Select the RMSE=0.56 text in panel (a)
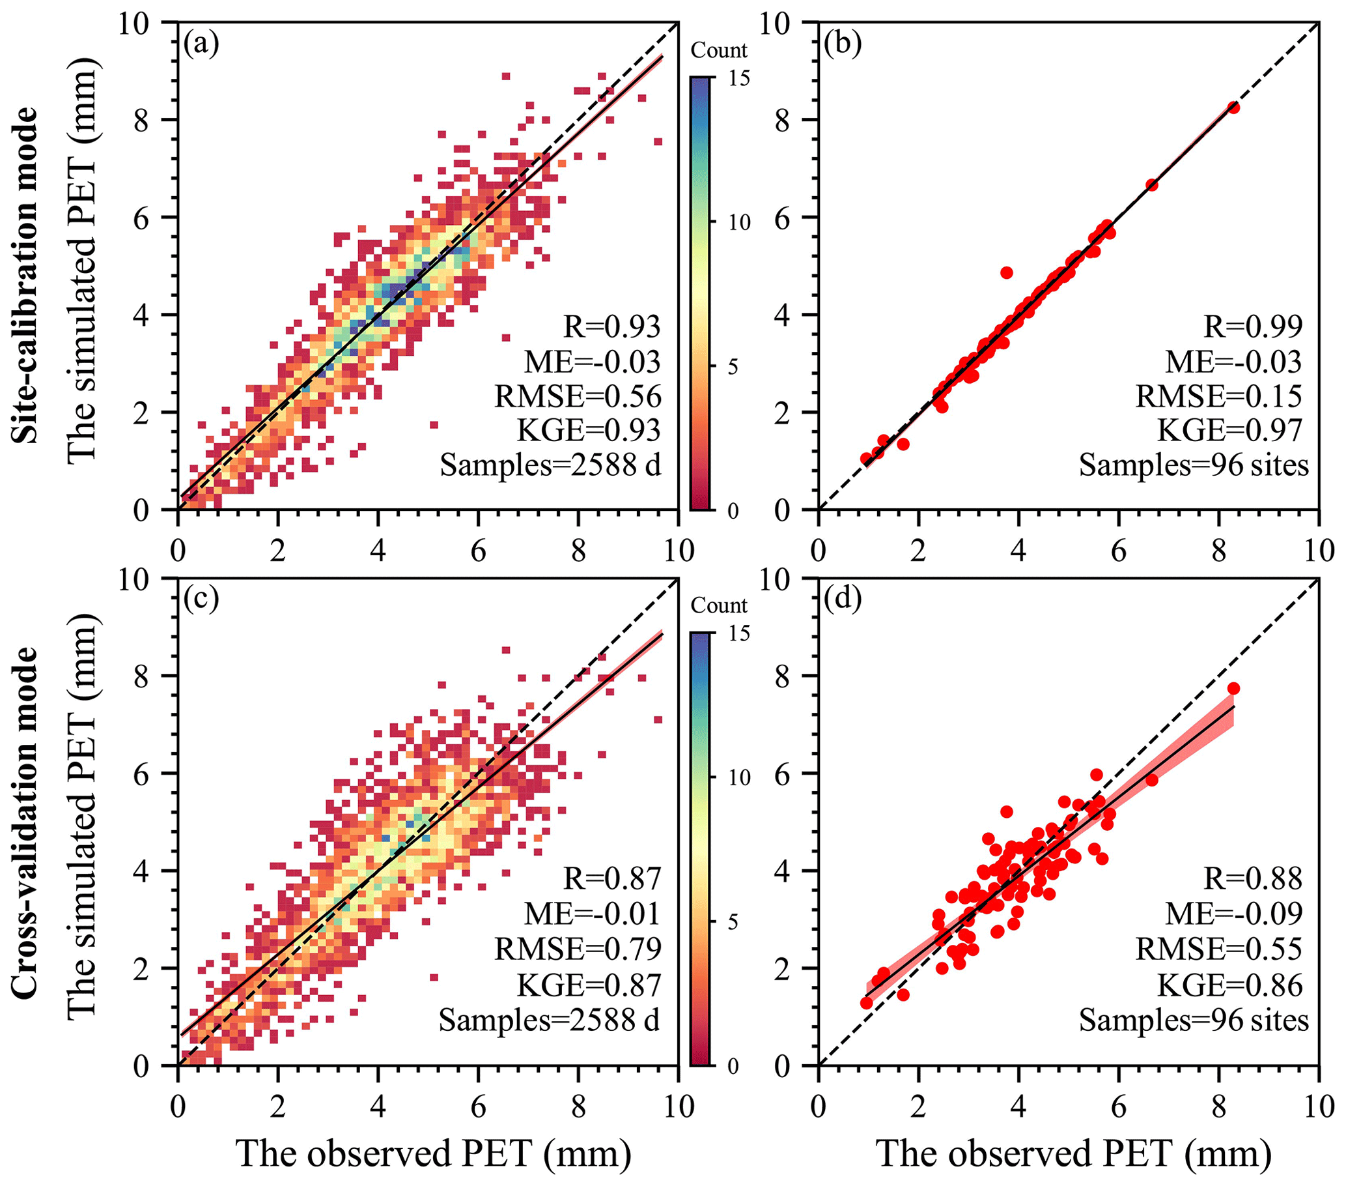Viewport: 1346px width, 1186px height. pos(578,396)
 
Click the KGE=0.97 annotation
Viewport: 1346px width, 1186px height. pos(1229,430)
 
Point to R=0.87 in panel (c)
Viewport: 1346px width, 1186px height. pos(611,878)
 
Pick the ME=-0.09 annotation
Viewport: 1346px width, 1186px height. pos(1233,913)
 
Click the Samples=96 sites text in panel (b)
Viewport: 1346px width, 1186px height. pos(1193,465)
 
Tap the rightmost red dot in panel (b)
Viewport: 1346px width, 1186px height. pos(1233,108)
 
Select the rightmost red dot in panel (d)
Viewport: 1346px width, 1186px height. pos(1233,688)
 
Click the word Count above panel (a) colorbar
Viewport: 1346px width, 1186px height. pos(718,51)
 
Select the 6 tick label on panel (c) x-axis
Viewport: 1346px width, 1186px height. pos(478,1106)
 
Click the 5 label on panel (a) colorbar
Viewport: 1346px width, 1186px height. pos(733,367)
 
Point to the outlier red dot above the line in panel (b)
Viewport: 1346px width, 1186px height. pos(1006,272)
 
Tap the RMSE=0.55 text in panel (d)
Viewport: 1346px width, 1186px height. pos(1218,949)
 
